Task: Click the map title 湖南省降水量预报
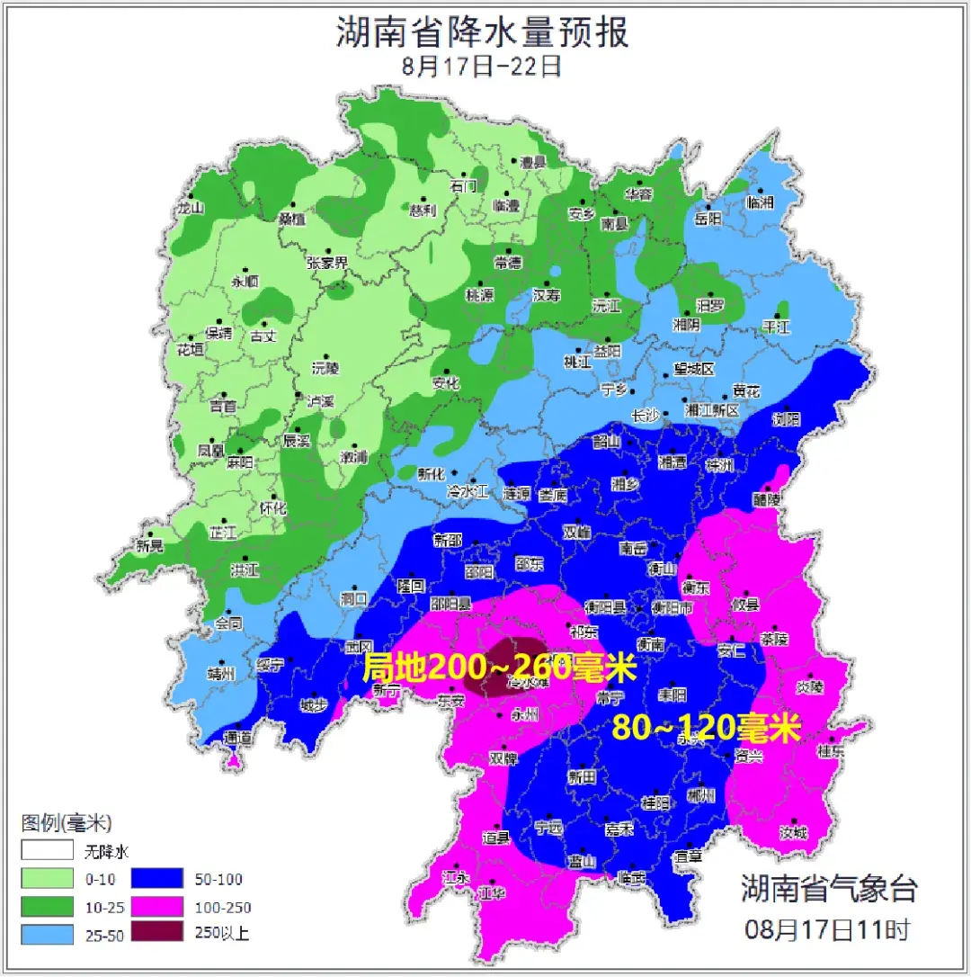click(483, 32)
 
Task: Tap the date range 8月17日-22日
click(483, 66)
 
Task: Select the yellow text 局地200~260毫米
click(499, 668)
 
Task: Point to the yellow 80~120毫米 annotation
click(706, 727)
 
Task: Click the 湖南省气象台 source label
click(829, 888)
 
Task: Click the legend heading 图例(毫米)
click(66, 821)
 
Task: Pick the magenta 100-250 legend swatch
click(158, 906)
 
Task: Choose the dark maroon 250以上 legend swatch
click(158, 933)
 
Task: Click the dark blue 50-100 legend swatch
click(158, 879)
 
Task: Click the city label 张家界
click(327, 263)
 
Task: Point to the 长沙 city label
click(646, 416)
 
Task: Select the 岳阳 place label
click(708, 219)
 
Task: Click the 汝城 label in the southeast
click(793, 833)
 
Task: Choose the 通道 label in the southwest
click(237, 737)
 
